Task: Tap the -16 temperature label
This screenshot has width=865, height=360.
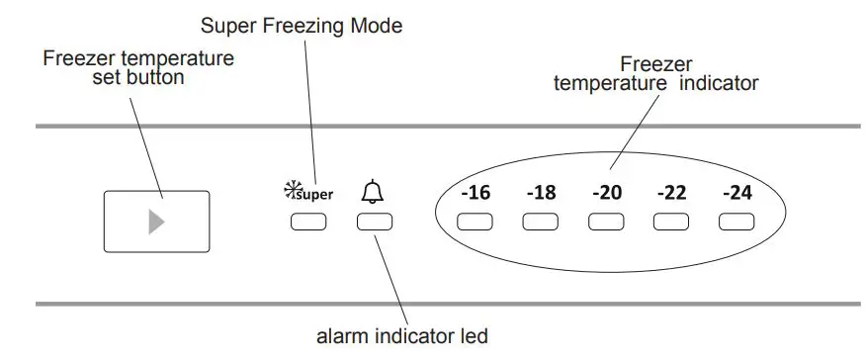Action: pos(475,193)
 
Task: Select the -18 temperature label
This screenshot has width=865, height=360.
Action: pos(541,193)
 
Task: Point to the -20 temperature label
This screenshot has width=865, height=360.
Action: pos(606,193)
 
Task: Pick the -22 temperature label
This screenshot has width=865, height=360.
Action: pos(671,193)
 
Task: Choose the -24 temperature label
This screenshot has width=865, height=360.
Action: pos(736,193)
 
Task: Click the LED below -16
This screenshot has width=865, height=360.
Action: pos(476,222)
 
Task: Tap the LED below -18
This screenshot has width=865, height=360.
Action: pos(541,222)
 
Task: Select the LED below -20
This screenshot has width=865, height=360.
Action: pos(606,222)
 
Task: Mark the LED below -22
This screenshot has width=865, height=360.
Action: pos(671,222)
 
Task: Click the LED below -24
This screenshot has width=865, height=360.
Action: pos(736,222)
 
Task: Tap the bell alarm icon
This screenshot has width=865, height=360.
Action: pos(373,191)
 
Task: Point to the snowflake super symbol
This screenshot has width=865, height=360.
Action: pos(307,193)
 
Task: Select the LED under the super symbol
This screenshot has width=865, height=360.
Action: pos(308,222)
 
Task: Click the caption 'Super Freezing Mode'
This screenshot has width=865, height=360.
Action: pos(301,26)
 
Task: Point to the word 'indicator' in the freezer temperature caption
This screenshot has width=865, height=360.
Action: pos(719,83)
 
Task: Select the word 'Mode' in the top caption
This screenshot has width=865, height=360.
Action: pos(379,26)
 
